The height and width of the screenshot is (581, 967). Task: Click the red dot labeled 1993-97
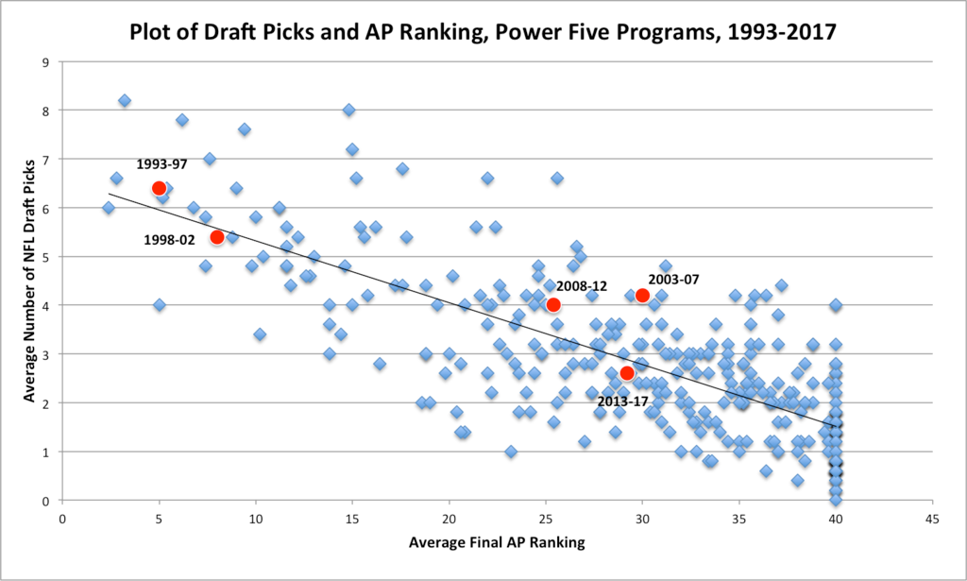(159, 188)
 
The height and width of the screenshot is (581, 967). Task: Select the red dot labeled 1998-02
(216, 236)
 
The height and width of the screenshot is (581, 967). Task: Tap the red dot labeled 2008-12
(553, 304)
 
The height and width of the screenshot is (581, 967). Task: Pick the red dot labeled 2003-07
(642, 295)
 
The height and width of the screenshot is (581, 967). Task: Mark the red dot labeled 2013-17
(627, 373)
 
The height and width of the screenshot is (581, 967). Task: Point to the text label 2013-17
(623, 401)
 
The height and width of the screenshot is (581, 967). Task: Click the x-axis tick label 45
(932, 518)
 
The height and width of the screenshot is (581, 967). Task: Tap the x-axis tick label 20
(449, 518)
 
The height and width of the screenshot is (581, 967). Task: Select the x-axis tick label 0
(62, 518)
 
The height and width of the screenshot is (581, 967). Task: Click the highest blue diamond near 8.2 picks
(125, 100)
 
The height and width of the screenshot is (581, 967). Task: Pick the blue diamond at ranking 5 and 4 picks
(159, 304)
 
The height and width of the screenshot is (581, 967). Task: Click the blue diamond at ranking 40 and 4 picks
(836, 304)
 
